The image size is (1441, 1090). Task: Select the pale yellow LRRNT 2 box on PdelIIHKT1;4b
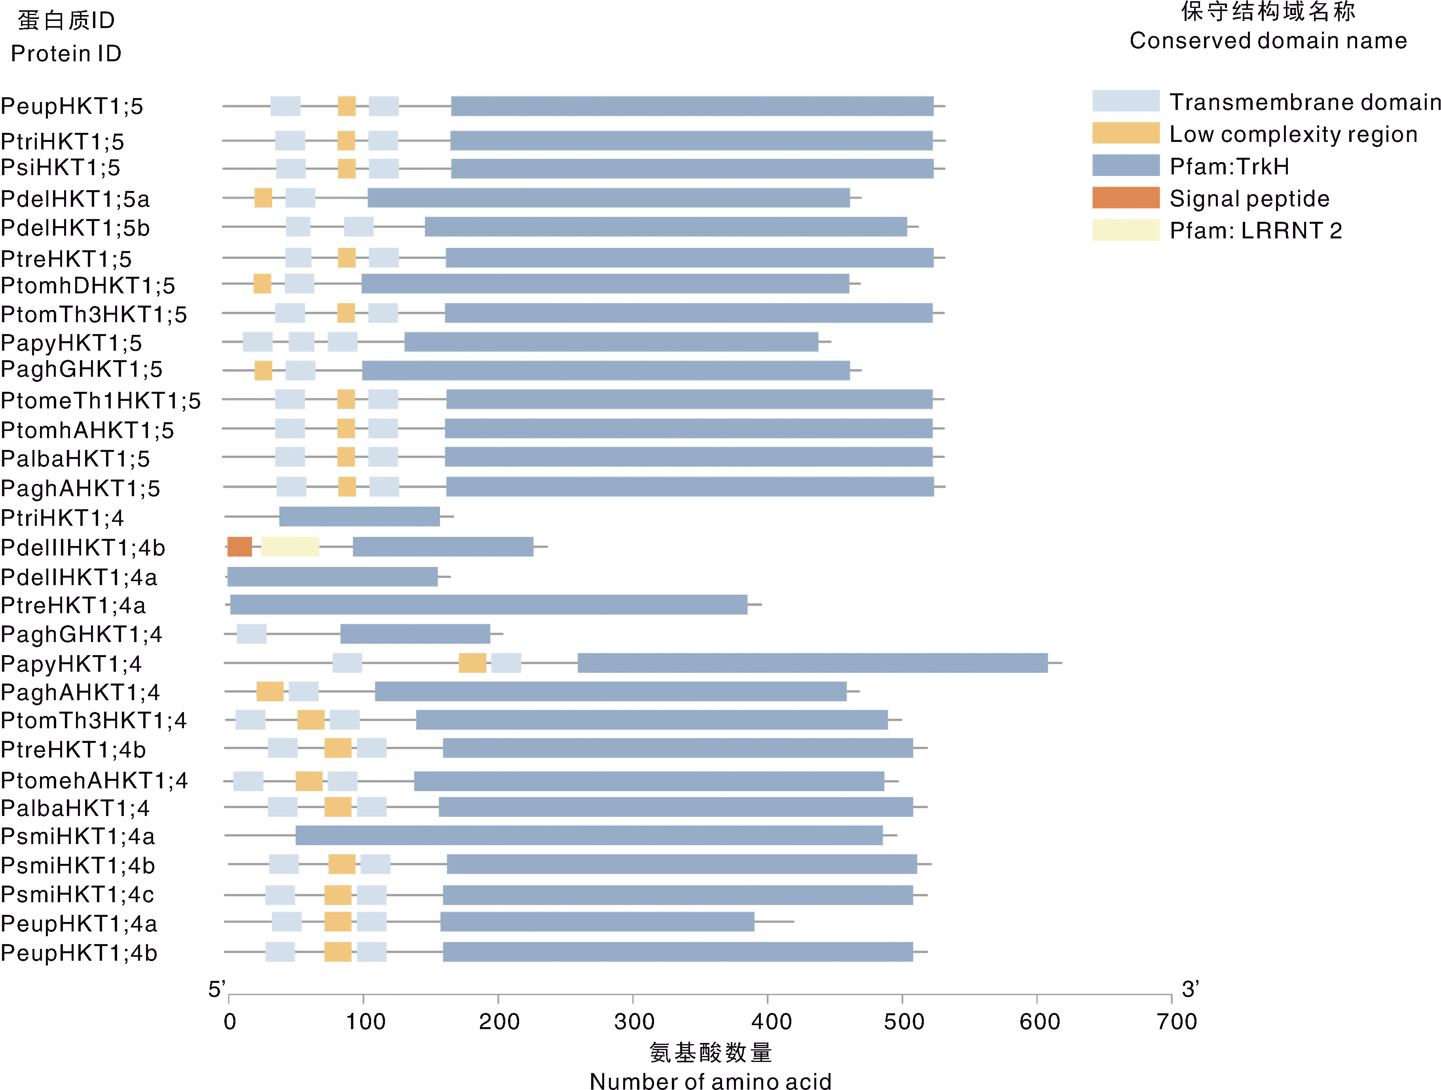coord(290,547)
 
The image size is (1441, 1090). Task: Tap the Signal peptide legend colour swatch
coord(1126,198)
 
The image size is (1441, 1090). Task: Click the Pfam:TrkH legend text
coord(1229,167)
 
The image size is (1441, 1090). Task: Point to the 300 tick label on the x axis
coord(633,1021)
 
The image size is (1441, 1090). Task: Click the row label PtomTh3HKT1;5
coord(94,314)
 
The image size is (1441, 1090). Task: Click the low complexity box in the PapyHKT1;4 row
coord(472,663)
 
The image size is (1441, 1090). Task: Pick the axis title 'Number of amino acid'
coord(710,1081)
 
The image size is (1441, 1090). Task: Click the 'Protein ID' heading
coord(66,53)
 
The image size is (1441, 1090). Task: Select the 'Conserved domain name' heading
coord(1268,40)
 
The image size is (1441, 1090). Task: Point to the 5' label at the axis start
coord(217,989)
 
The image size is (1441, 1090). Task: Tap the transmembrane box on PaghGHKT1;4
coord(252,633)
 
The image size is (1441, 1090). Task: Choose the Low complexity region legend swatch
coord(1126,134)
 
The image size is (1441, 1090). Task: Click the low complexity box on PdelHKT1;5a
coord(263,198)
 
